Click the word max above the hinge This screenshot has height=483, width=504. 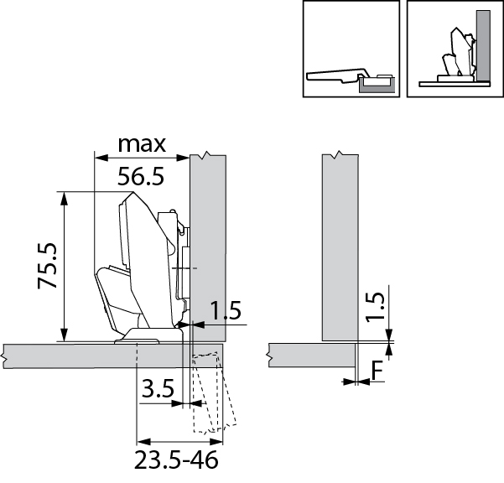pos(141,143)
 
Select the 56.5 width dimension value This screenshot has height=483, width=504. pos(141,177)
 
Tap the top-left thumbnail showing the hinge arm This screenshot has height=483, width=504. pos(350,49)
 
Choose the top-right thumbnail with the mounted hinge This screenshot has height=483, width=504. pos(454,49)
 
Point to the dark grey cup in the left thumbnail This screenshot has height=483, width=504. pos(376,83)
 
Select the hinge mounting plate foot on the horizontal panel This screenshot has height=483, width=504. pos(138,337)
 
